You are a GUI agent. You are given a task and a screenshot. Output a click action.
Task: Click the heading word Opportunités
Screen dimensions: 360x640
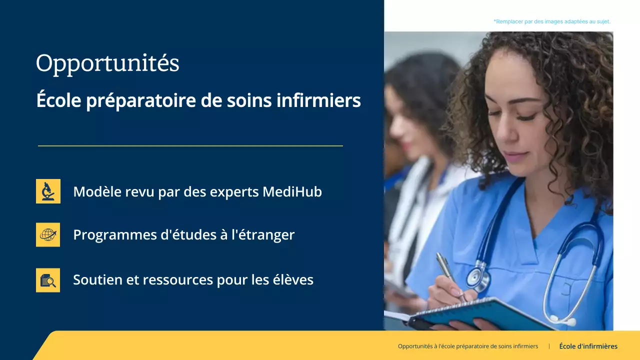(x=107, y=64)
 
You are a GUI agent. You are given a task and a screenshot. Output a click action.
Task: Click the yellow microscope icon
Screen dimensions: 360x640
(x=48, y=191)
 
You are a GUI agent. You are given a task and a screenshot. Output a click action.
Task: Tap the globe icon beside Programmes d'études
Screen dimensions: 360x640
(x=48, y=234)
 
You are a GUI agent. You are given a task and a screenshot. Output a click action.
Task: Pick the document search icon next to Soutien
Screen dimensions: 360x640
(x=48, y=280)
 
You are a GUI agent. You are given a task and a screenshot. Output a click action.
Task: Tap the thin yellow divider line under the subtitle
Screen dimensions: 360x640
(x=190, y=146)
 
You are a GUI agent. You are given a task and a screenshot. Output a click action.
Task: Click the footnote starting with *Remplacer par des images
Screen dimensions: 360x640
(x=551, y=21)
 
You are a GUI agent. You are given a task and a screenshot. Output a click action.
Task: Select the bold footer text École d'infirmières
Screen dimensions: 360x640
(x=588, y=346)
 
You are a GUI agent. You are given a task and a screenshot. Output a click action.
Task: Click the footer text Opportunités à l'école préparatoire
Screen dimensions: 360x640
(x=467, y=346)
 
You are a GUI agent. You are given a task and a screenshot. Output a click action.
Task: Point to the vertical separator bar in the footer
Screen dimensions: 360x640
(x=549, y=346)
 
